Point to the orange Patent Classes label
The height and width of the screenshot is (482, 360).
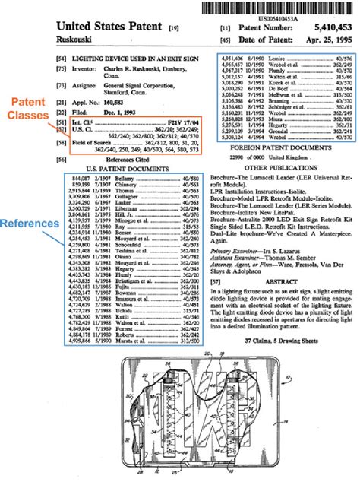pos(27,108)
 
